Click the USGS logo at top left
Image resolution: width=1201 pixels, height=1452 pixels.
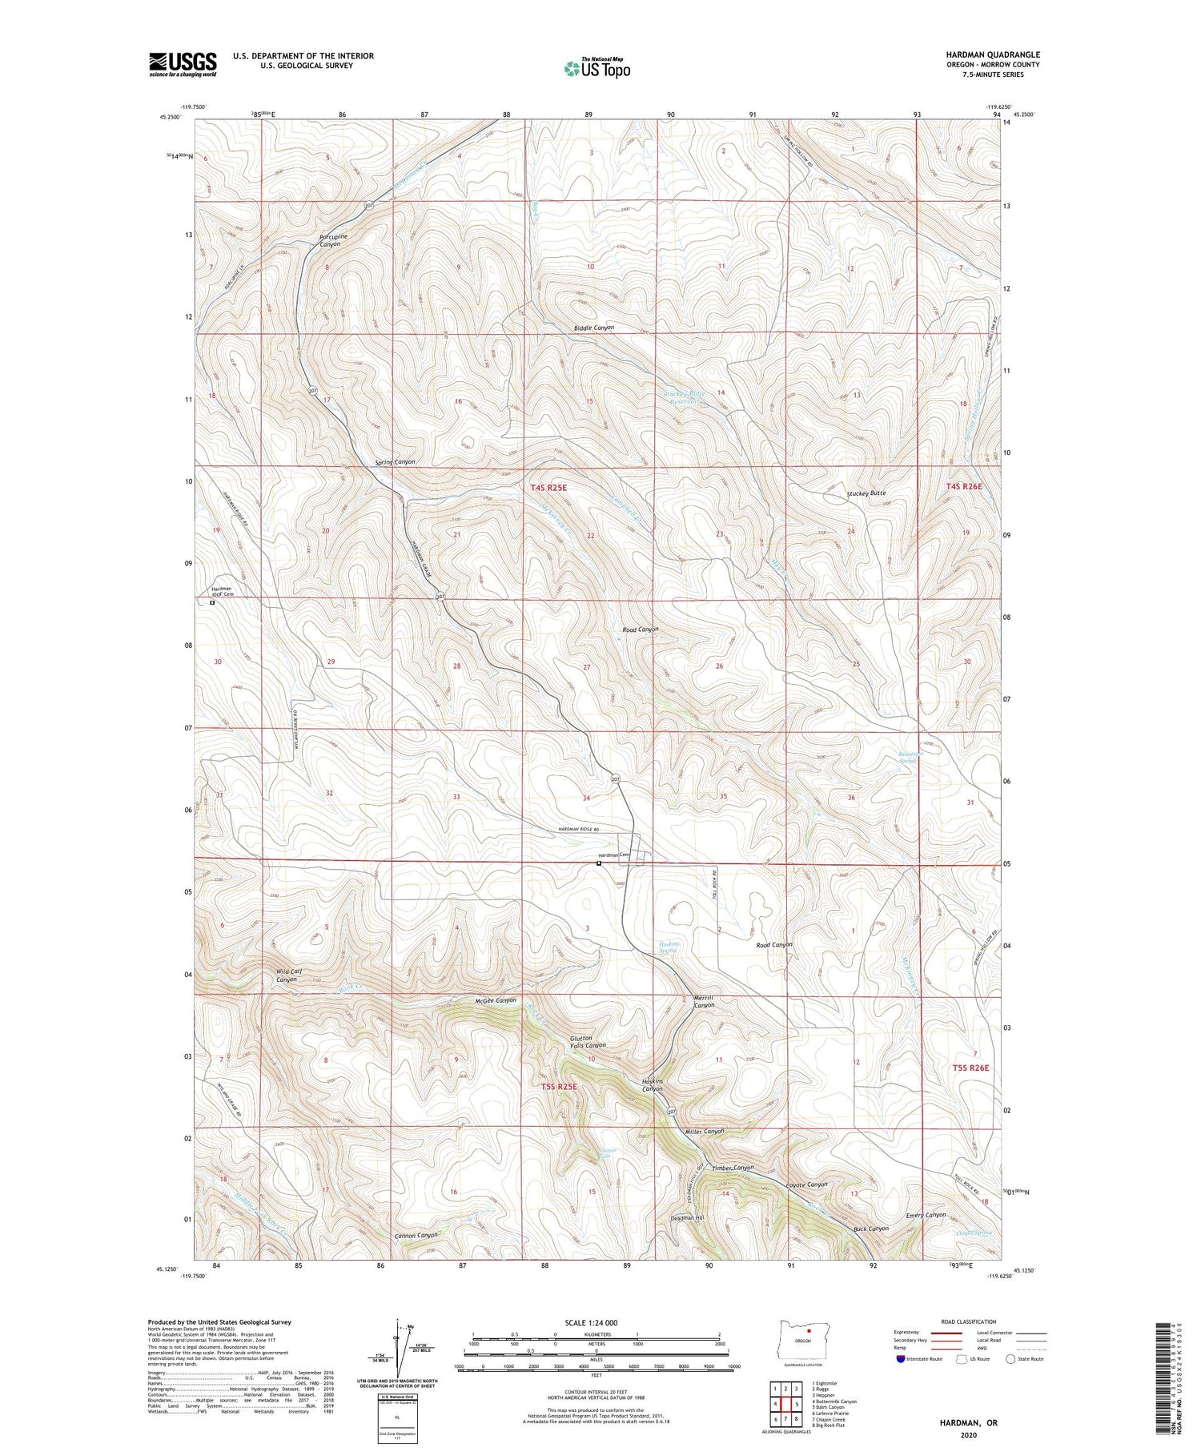[183, 64]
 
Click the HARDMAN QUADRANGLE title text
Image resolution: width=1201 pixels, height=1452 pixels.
[992, 54]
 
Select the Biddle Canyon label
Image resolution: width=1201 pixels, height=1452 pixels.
[594, 328]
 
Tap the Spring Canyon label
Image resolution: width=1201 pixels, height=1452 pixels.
[395, 462]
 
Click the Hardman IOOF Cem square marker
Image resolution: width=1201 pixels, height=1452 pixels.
[212, 603]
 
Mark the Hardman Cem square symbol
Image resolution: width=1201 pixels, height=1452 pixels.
[598, 863]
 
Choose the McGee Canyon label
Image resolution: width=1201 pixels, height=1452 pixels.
[495, 1000]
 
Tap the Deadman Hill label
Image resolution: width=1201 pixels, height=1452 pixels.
[687, 1217]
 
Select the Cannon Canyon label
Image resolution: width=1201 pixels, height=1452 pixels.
[416, 1235]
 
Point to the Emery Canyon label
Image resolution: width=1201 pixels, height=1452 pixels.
[926, 1214]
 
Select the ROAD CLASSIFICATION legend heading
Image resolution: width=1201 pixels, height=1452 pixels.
[969, 1321]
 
